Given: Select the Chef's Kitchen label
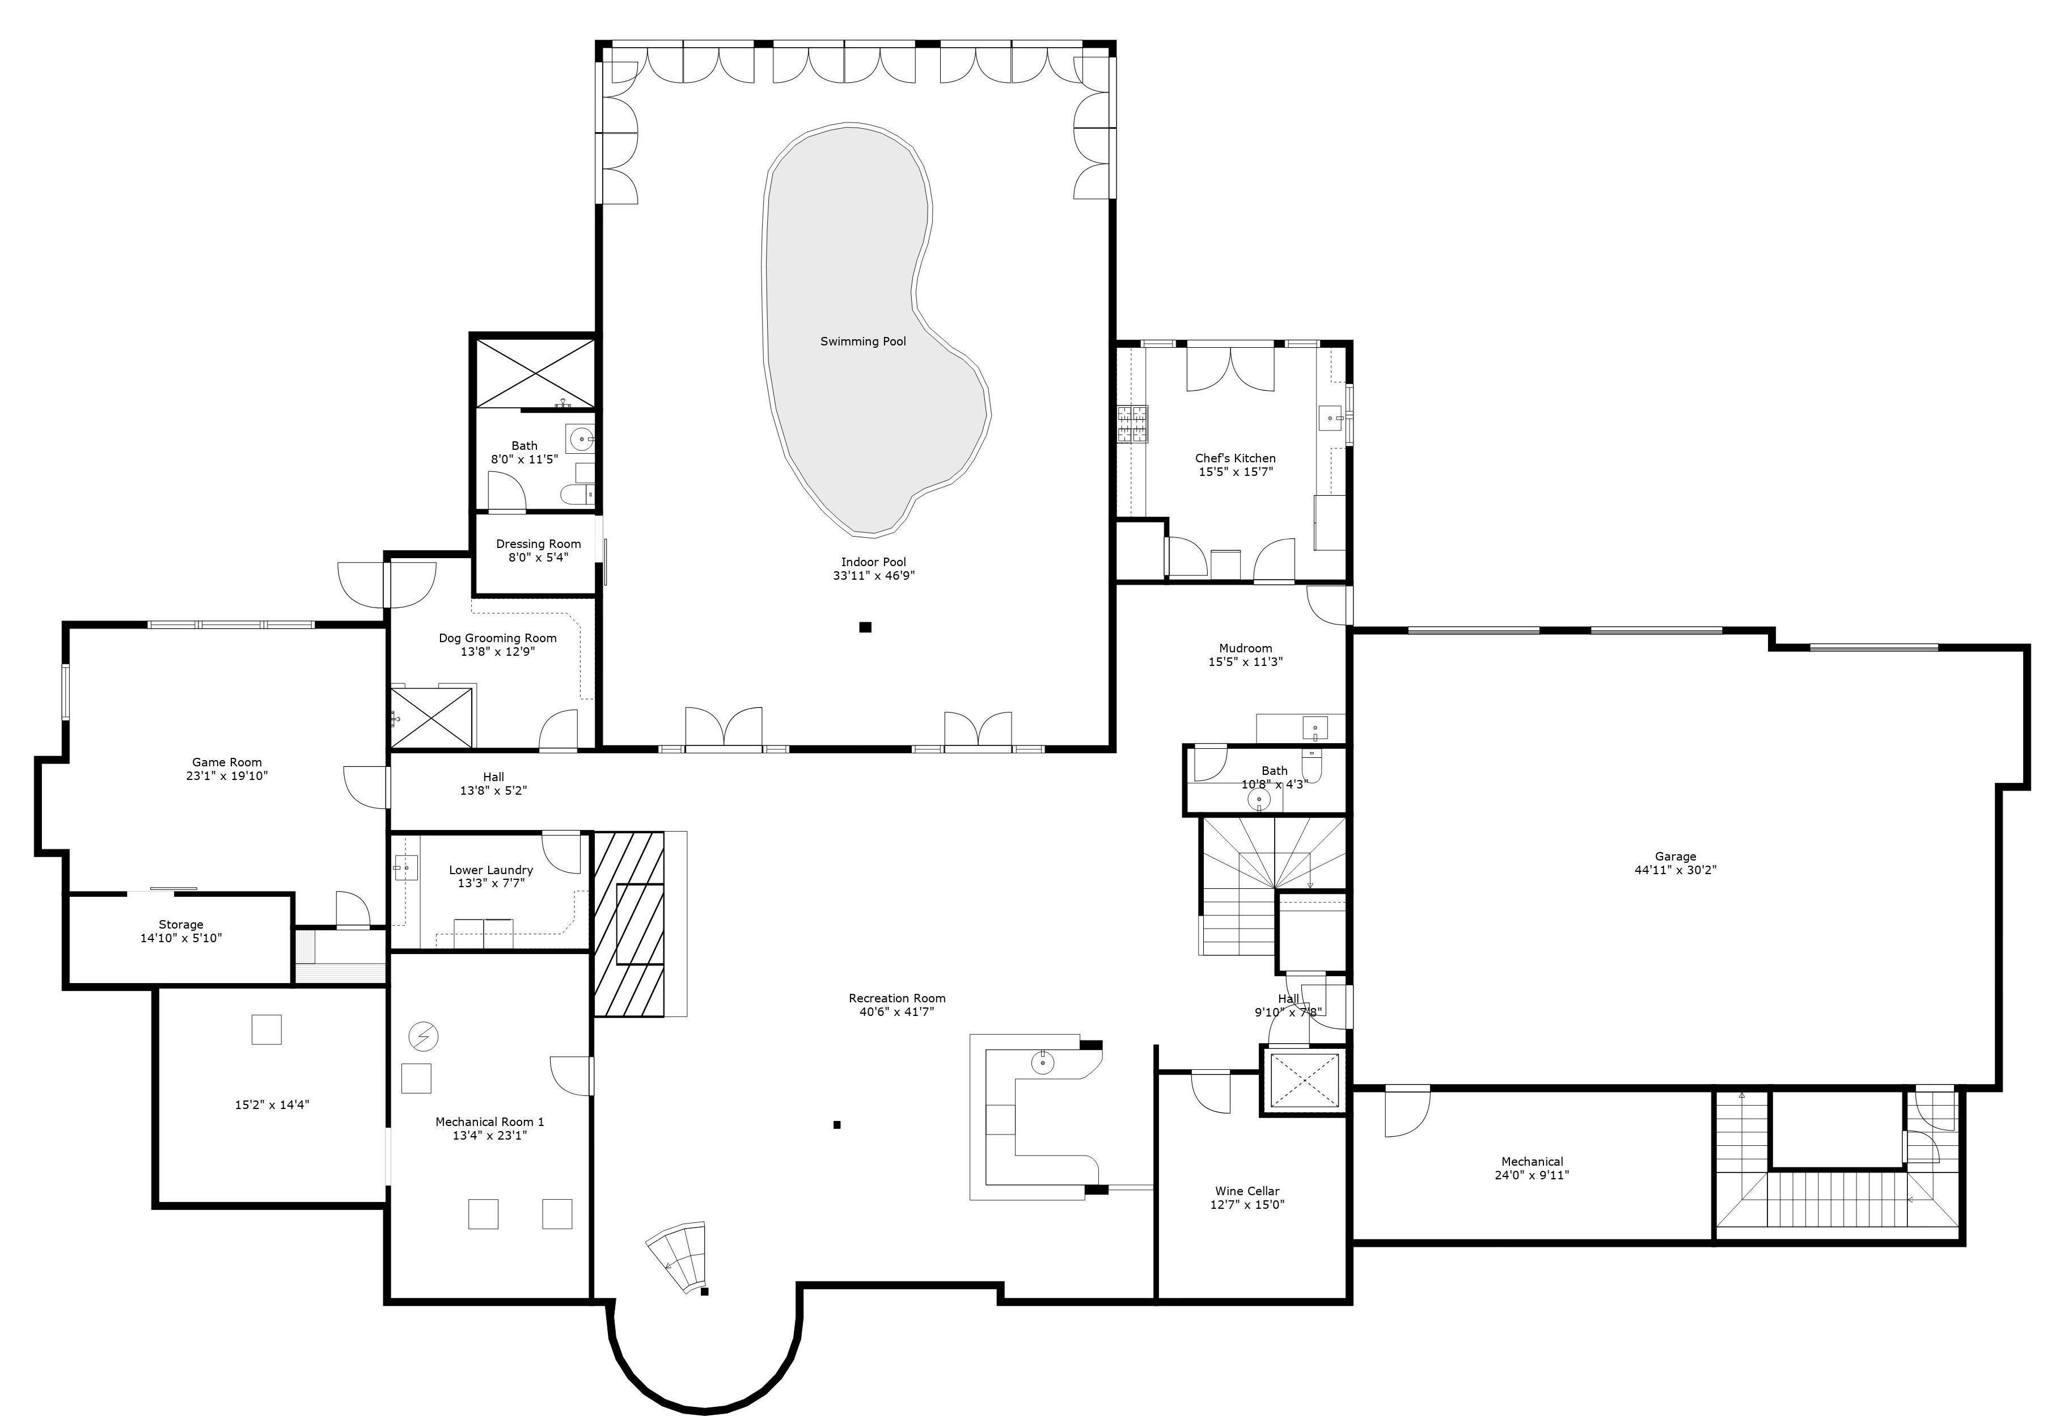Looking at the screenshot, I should pyautogui.click(x=1236, y=458).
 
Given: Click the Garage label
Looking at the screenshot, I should pyautogui.click(x=1675, y=857).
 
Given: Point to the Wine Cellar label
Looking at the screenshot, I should pyautogui.click(x=1247, y=1191).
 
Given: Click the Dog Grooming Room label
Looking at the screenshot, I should pyautogui.click(x=497, y=638).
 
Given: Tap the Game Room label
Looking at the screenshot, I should pyautogui.click(x=227, y=762).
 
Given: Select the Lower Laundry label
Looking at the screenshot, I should pyautogui.click(x=491, y=870).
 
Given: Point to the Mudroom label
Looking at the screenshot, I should pyautogui.click(x=1245, y=648).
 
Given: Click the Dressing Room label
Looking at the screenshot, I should pyautogui.click(x=538, y=544).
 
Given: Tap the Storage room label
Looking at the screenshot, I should pyautogui.click(x=181, y=924).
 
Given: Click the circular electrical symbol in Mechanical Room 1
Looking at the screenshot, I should pyautogui.click(x=424, y=1036).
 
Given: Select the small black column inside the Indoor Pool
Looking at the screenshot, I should pyautogui.click(x=865, y=627).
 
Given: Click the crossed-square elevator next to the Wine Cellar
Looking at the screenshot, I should pyautogui.click(x=1304, y=1081).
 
